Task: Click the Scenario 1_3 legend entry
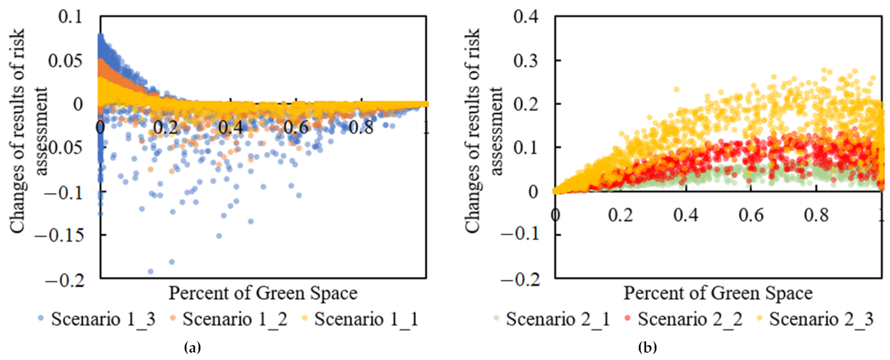tap(96, 320)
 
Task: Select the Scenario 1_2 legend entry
tap(228, 320)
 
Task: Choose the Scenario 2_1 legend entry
tap(551, 320)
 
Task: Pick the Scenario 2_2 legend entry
tap(683, 320)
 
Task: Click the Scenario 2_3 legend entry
tap(815, 320)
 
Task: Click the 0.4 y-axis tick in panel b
tap(526, 16)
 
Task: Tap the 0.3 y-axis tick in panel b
tap(526, 60)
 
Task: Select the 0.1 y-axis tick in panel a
tap(71, 16)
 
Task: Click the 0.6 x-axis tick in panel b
tap(751, 215)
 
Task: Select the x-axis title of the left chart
tap(263, 294)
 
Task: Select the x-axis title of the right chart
tap(718, 294)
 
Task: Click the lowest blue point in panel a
tap(151, 272)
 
